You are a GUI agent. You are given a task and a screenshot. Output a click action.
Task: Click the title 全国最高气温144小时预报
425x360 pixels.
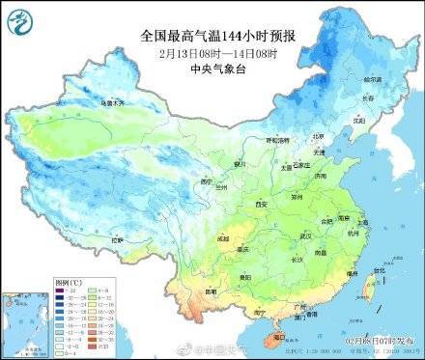[x=217, y=35]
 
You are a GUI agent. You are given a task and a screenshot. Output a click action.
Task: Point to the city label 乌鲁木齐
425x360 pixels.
[x=113, y=101]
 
